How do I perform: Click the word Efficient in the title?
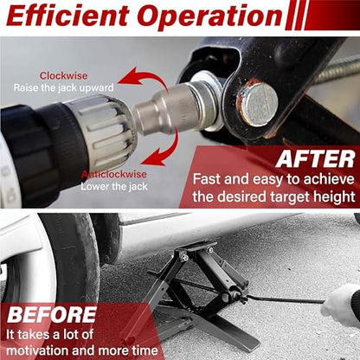[x=68, y=16]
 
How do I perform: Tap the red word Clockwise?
[x=63, y=76]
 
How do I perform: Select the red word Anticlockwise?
[x=114, y=174]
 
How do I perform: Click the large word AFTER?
[x=315, y=159]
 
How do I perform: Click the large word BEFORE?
[x=52, y=315]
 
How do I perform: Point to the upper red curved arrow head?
[x=131, y=75]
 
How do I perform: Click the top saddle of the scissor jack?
[x=196, y=247]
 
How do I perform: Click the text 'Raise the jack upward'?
[x=63, y=87]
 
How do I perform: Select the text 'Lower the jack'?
[x=114, y=186]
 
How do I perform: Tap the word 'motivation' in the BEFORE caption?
[x=36, y=350]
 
